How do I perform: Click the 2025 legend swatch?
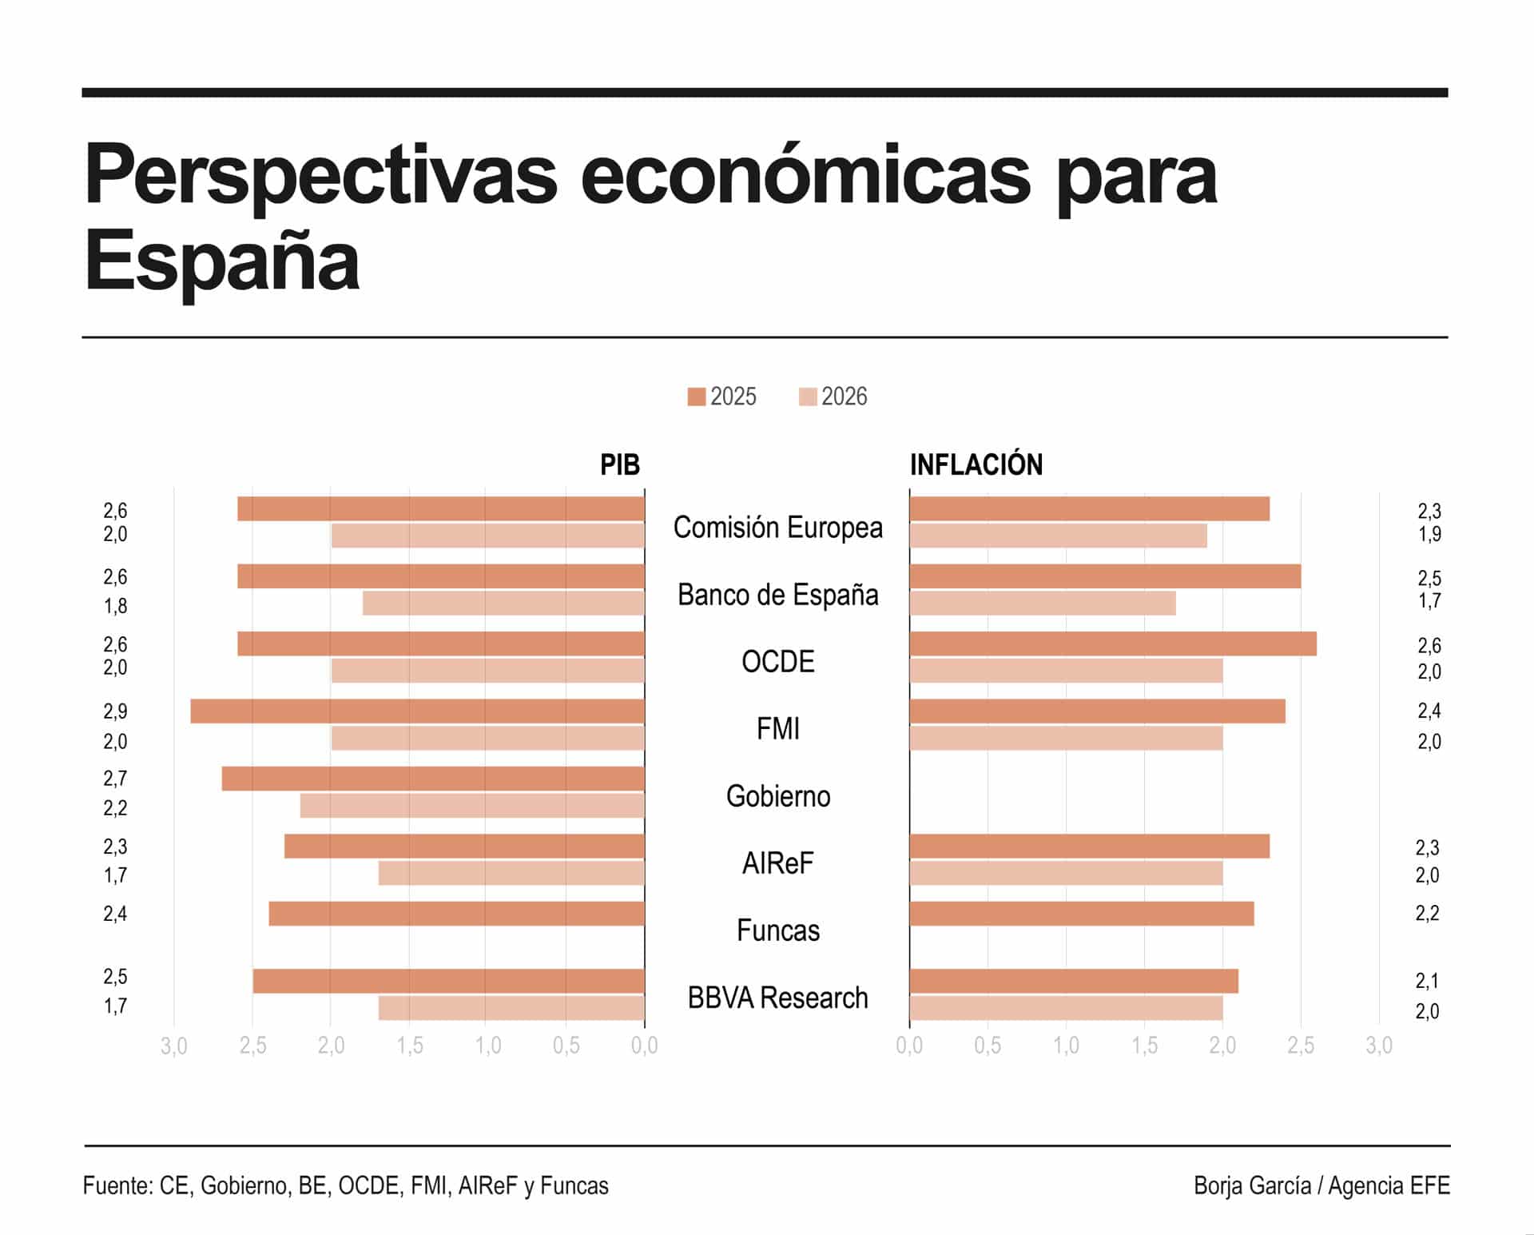tap(696, 396)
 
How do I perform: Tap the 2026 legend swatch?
tap(807, 396)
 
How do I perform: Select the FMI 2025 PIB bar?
tap(417, 711)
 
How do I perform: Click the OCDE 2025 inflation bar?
tap(1112, 644)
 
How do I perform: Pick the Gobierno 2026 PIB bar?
tap(472, 806)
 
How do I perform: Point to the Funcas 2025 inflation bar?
tap(1081, 914)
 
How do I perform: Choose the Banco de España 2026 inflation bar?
tap(1042, 604)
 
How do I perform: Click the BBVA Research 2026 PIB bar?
tap(511, 1008)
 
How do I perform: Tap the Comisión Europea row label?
tap(777, 528)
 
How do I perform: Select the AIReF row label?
tap(777, 863)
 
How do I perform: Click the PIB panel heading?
tap(620, 464)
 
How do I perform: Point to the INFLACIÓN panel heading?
tap(976, 464)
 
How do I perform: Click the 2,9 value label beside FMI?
tap(115, 711)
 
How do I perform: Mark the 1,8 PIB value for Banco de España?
tap(115, 606)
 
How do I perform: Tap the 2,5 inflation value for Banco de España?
tap(1429, 578)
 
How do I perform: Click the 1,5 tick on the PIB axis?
tap(410, 1046)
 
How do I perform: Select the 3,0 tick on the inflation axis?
tap(1378, 1046)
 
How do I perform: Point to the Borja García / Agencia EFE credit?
tap(1321, 1185)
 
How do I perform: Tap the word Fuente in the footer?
tap(117, 1185)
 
